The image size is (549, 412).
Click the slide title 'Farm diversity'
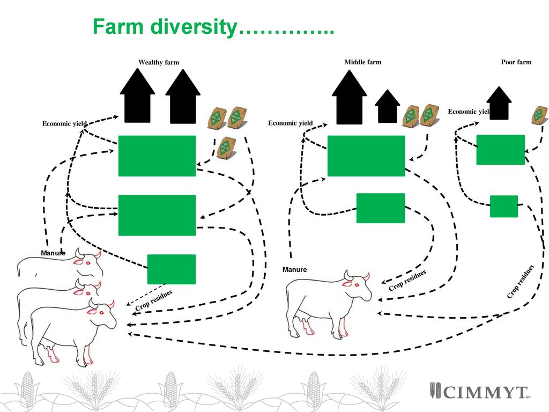click(212, 27)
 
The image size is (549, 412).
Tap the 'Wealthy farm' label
click(159, 62)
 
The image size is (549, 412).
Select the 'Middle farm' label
click(363, 62)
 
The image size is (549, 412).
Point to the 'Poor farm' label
click(516, 62)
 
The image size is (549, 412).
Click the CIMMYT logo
click(479, 392)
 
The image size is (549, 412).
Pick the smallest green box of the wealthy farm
click(172, 269)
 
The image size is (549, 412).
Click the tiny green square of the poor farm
click(504, 207)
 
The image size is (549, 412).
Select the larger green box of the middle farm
click(366, 156)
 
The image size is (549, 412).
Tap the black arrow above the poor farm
click(499, 103)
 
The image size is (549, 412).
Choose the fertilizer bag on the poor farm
click(540, 115)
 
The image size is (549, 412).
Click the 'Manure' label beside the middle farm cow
click(295, 269)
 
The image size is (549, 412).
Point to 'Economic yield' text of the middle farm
click(290, 123)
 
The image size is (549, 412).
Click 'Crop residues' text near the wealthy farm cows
click(154, 301)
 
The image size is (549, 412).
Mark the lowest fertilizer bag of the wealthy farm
click(226, 149)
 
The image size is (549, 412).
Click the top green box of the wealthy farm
click(157, 156)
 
